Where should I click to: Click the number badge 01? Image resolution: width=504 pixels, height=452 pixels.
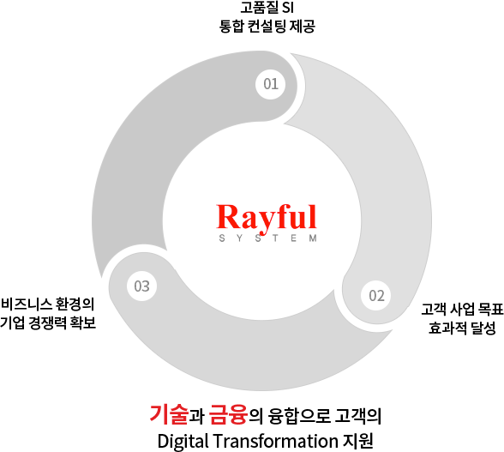pyautogui.click(x=270, y=84)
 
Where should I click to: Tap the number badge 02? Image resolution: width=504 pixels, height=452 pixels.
pyautogui.click(x=376, y=295)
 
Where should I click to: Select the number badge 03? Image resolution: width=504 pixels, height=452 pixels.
pyautogui.click(x=141, y=286)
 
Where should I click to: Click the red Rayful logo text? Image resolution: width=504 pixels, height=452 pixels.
pyautogui.click(x=267, y=218)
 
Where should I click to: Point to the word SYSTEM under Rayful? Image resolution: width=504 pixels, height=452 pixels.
pyautogui.click(x=267, y=238)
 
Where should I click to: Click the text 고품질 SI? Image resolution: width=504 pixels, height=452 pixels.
pyautogui.click(x=267, y=8)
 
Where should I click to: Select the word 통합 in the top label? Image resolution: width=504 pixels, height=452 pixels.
pyautogui.click(x=231, y=27)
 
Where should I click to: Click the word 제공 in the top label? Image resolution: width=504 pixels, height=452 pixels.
pyautogui.click(x=302, y=27)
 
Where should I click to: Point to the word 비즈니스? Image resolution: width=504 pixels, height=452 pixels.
pyautogui.click(x=27, y=304)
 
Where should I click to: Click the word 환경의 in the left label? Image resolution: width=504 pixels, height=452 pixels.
pyautogui.click(x=75, y=304)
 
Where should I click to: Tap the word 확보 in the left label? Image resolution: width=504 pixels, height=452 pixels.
pyautogui.click(x=83, y=322)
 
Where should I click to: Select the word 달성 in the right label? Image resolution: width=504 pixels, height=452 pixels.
pyautogui.click(x=483, y=328)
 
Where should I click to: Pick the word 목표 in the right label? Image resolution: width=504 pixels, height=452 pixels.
pyautogui.click(x=490, y=309)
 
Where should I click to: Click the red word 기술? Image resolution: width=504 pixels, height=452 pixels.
pyautogui.click(x=169, y=414)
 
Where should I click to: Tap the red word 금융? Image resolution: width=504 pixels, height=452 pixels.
pyautogui.click(x=229, y=414)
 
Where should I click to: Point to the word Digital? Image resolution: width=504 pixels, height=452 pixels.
pyautogui.click(x=183, y=442)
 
